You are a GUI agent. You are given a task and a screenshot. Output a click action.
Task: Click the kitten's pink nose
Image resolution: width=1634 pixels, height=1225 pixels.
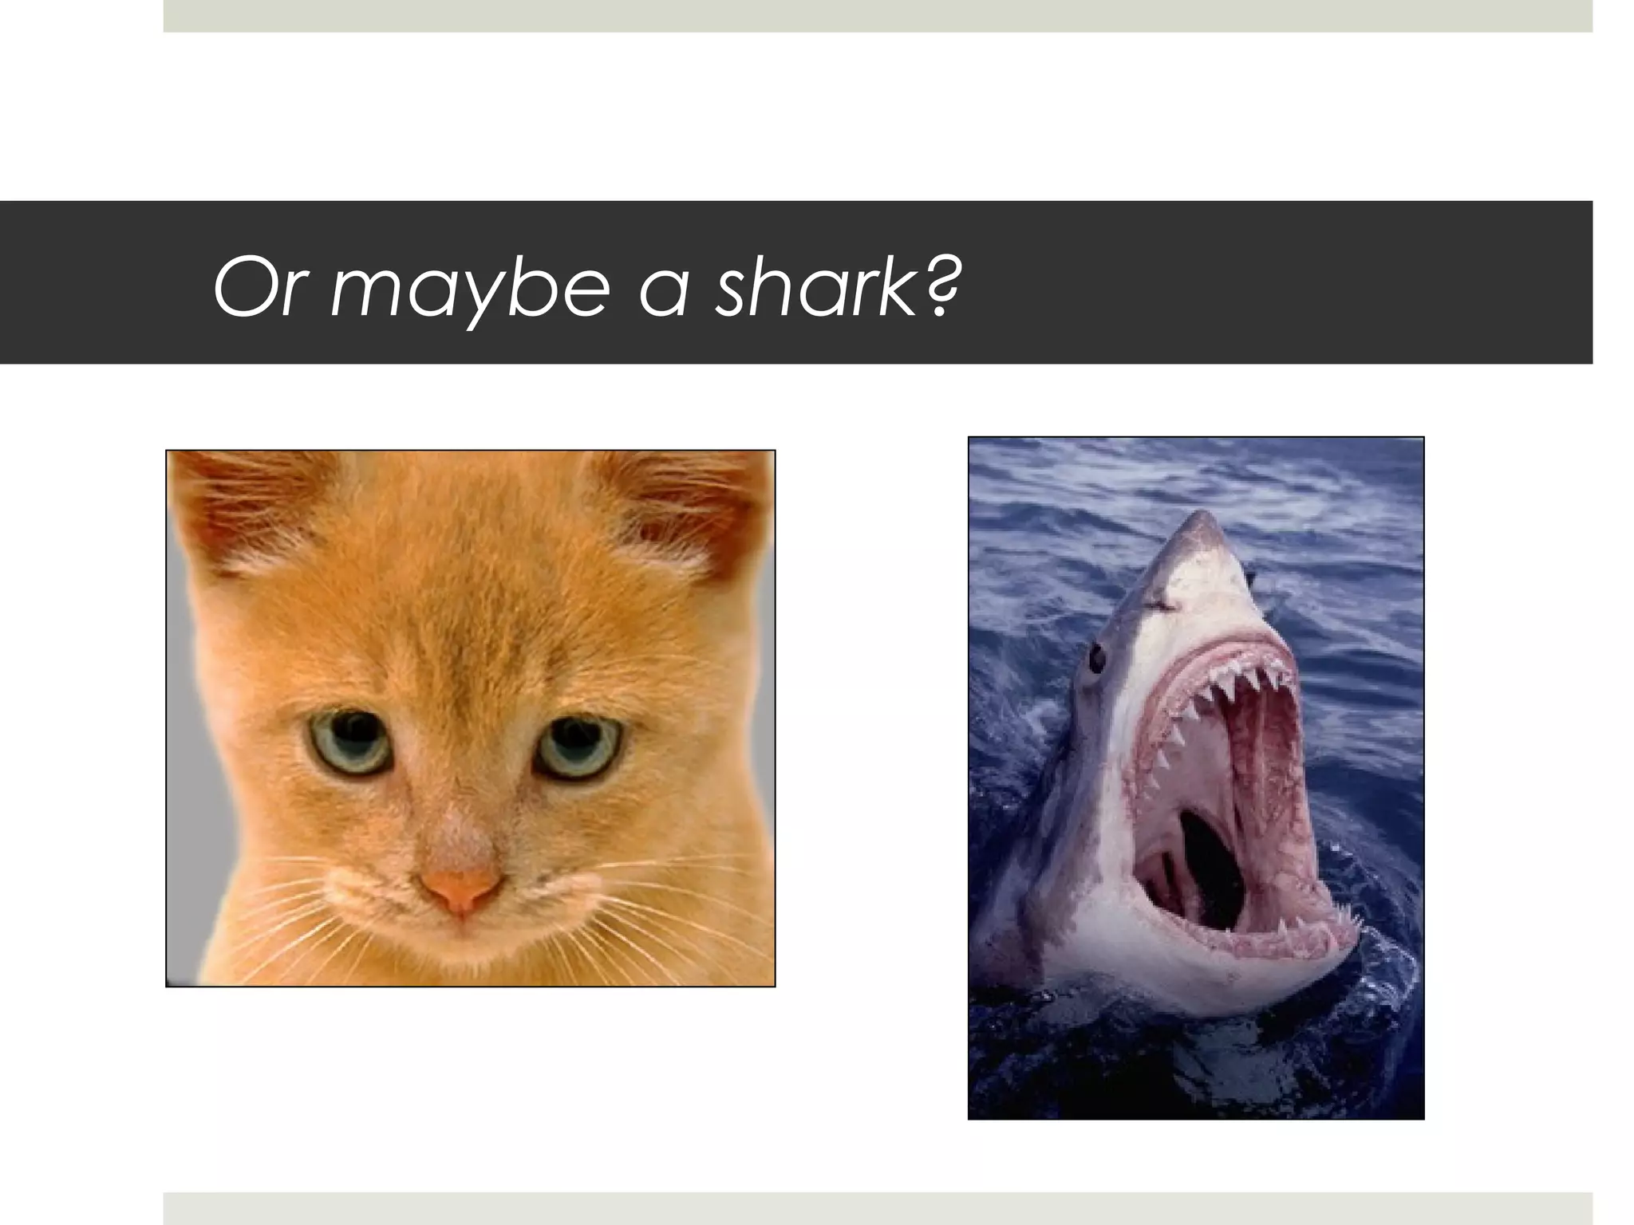[x=461, y=888]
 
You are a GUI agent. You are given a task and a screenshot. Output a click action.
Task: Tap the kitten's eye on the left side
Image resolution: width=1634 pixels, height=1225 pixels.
[x=349, y=742]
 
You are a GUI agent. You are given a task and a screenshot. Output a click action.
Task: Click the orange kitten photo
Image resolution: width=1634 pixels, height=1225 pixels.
[x=470, y=718]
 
